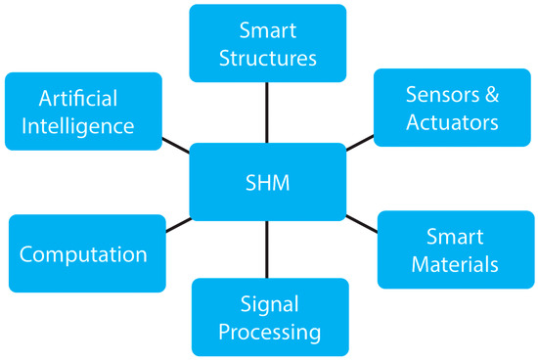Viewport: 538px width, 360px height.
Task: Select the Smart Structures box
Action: pos(267,43)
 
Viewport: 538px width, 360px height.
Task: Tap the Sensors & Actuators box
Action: pos(452,108)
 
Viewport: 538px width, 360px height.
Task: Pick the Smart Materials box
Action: pos(455,249)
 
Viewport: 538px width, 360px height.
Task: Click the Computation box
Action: pos(84,254)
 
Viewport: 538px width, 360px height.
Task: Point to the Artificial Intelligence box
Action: pos(84,112)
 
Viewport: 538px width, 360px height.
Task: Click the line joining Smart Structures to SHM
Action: pos(267,112)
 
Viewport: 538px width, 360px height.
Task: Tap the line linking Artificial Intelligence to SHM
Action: pos(176,145)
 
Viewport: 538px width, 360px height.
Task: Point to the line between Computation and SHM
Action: pos(177,224)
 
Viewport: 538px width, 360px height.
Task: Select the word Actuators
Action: pos(453,122)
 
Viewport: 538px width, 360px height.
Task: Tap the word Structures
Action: pos(267,58)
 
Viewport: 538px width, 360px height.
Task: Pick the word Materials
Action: pos(455,264)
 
